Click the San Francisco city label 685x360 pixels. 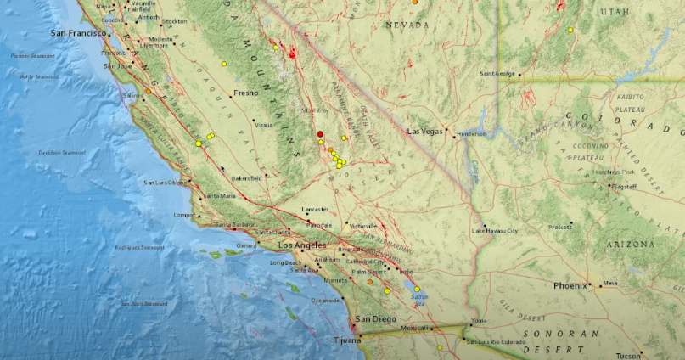pyautogui.click(x=76, y=33)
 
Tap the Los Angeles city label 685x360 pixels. pyautogui.click(x=302, y=245)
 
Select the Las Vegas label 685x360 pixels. pyautogui.click(x=426, y=132)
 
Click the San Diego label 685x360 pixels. pyautogui.click(x=374, y=319)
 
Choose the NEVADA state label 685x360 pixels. pyautogui.click(x=407, y=26)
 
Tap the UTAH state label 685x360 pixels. pyautogui.click(x=615, y=12)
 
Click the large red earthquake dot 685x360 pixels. pyautogui.click(x=320, y=134)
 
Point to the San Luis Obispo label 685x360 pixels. pyautogui.click(x=165, y=183)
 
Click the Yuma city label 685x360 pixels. pyautogui.click(x=480, y=320)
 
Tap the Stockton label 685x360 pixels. pyautogui.click(x=173, y=20)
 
